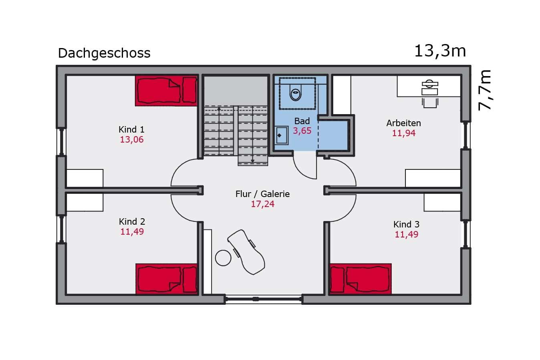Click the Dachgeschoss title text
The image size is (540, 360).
tap(104, 53)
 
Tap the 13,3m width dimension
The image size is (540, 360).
tap(440, 51)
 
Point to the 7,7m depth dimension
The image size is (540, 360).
tap(485, 90)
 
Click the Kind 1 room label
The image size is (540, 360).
tap(131, 129)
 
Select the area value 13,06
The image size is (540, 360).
tap(132, 139)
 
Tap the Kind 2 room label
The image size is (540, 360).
tap(132, 221)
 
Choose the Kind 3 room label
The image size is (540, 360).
tap(407, 224)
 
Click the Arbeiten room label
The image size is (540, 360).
tap(403, 123)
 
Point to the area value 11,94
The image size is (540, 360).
tap(404, 133)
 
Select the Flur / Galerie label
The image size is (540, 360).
tap(262, 194)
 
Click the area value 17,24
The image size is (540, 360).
tap(262, 204)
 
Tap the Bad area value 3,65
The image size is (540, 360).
tap(302, 131)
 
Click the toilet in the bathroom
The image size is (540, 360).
tap(296, 93)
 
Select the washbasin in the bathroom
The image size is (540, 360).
tap(282, 135)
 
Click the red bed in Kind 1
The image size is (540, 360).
tap(166, 91)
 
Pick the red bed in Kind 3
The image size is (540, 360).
tap(361, 279)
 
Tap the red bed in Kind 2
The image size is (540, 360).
tap(167, 279)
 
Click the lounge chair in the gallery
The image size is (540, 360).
tap(246, 252)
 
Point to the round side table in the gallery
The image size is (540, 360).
tap(223, 258)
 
